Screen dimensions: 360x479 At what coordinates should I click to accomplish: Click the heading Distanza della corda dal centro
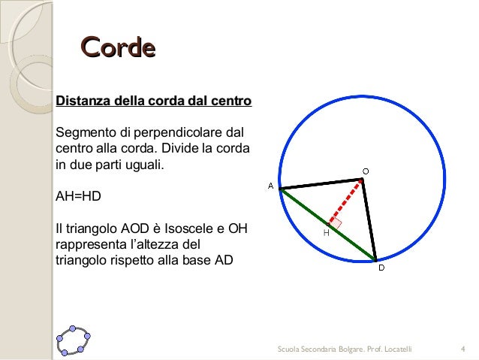154,100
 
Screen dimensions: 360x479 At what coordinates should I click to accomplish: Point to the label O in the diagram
366,171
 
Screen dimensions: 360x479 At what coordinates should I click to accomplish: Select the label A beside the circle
270,185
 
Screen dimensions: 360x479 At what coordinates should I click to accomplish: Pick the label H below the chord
326,233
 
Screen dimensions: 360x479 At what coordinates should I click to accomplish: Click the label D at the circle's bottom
381,268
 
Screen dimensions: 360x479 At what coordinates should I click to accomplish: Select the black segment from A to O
321,184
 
